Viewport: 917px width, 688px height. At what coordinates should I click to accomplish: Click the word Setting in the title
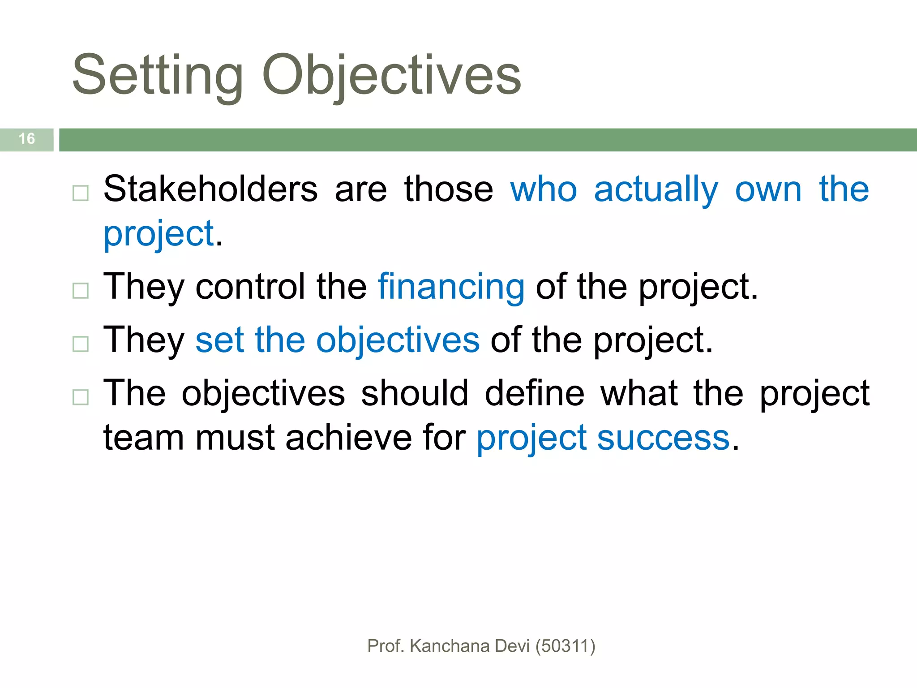[158, 75]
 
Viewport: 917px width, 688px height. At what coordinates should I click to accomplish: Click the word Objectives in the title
[392, 75]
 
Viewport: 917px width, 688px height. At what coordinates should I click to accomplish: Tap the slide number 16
[27, 139]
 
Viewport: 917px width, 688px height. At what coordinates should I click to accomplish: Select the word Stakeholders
[210, 189]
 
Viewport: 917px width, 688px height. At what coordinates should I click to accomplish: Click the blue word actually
[656, 190]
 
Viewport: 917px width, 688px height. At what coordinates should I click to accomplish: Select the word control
[250, 287]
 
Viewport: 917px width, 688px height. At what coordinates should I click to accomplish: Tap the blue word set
[220, 340]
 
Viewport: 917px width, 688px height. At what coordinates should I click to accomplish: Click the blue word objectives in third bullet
[398, 341]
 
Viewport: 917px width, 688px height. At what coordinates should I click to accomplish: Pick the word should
[415, 393]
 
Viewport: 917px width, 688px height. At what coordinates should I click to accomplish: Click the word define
[535, 393]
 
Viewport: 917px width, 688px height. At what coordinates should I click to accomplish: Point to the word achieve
[348, 438]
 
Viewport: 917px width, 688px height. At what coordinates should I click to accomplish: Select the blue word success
[664, 438]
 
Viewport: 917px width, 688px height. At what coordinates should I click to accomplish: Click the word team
[143, 438]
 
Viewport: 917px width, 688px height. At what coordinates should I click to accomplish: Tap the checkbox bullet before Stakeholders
[81, 193]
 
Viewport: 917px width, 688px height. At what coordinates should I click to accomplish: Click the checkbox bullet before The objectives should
[81, 397]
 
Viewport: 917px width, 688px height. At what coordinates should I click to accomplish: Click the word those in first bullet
[448, 189]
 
